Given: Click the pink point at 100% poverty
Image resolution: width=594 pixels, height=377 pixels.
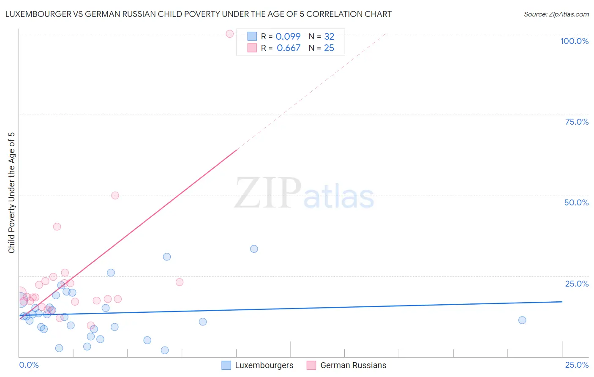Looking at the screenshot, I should [x=230, y=34].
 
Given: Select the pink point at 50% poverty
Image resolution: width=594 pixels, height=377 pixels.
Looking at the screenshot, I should [x=115, y=195].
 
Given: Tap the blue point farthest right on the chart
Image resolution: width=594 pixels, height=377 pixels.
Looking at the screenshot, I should [x=522, y=320].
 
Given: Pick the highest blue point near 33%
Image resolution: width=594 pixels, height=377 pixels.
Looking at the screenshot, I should [x=254, y=249].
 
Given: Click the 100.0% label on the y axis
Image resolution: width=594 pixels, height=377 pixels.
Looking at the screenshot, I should [x=574, y=41].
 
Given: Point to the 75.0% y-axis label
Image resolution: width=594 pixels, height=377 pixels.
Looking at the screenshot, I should [x=577, y=122].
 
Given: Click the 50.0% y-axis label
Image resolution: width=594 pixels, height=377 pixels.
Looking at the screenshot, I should [x=576, y=202].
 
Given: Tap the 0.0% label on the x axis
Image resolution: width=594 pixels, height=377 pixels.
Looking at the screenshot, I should [x=29, y=365].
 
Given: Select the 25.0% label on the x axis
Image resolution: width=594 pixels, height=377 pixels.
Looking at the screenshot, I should [x=577, y=365].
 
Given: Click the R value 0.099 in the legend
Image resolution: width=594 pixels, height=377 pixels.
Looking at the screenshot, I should [x=288, y=37].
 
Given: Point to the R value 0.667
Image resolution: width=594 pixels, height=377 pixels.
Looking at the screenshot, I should [x=289, y=48].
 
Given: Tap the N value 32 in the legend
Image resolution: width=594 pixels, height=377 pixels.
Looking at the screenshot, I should [x=329, y=37].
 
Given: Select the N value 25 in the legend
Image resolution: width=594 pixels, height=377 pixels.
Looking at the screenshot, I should [x=329, y=48].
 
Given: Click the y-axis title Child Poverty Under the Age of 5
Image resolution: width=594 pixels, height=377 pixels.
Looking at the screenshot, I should [x=12, y=193].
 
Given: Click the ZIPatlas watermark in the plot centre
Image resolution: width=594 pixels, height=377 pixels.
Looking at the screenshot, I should [x=304, y=194].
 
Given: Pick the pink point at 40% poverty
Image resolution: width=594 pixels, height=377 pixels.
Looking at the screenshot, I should [x=57, y=227].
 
